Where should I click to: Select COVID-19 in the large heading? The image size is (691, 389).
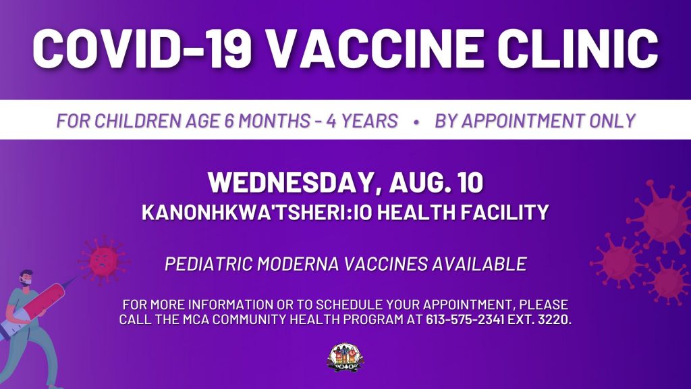point(142,48)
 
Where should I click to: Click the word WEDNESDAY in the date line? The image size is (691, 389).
point(290,182)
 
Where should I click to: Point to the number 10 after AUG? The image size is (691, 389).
point(470,182)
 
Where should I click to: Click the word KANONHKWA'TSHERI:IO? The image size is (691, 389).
point(257,212)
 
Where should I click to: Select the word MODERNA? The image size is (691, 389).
point(298,264)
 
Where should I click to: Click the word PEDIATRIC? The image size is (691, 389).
point(209,264)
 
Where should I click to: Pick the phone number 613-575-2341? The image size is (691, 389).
point(465,319)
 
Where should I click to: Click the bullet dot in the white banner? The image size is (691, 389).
point(416,122)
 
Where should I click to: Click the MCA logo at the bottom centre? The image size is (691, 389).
point(345,357)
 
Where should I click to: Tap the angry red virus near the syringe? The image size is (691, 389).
point(103,261)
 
